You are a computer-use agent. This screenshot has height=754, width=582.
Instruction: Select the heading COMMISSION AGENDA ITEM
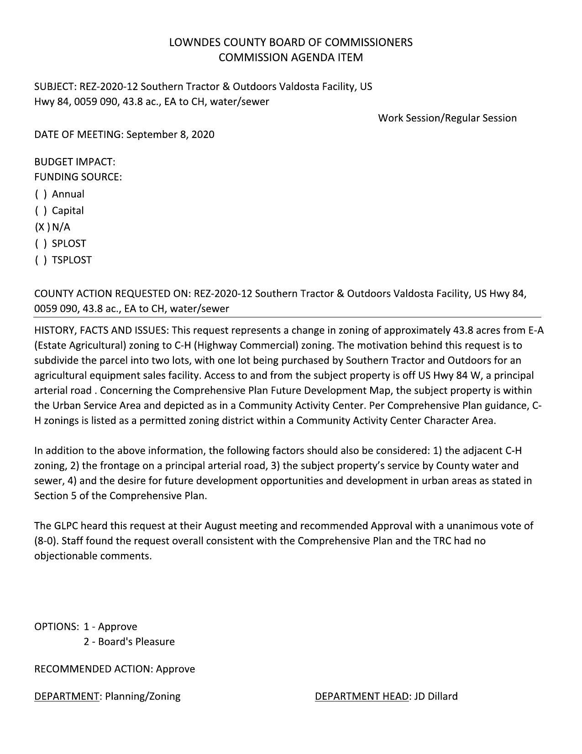pyautogui.click(x=291, y=58)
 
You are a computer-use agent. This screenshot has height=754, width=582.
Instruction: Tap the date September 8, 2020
pyautogui.click(x=170, y=135)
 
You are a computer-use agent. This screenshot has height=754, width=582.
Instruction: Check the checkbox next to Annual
pyautogui.click(x=41, y=194)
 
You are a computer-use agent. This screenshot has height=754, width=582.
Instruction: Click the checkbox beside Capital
pyautogui.click(x=41, y=211)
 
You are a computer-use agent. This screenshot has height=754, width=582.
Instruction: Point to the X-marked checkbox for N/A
pyautogui.click(x=42, y=227)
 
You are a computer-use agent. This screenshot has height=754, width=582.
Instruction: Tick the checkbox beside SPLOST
pyautogui.click(x=41, y=243)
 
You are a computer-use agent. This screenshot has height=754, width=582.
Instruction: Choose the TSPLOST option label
pyautogui.click(x=72, y=260)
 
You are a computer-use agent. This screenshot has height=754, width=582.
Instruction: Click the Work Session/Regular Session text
pyautogui.click(x=447, y=118)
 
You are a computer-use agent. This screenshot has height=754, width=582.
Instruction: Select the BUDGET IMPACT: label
pyautogui.click(x=75, y=162)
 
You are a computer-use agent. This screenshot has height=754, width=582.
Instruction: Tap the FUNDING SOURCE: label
pyautogui.click(x=78, y=177)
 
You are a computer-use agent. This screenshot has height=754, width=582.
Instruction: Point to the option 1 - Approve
pyautogui.click(x=110, y=627)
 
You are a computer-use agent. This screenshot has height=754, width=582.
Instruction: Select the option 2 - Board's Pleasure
pyautogui.click(x=129, y=642)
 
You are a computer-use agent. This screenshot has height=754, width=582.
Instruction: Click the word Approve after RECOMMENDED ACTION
pyautogui.click(x=175, y=669)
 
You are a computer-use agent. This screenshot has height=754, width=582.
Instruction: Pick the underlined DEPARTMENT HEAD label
pyautogui.click(x=362, y=696)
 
